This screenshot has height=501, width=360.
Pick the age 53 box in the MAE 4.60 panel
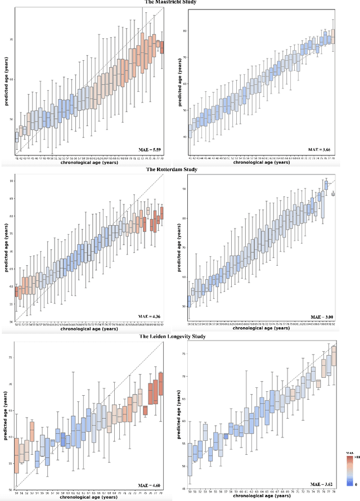point(31,431)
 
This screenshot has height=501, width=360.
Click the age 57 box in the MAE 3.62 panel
point(226,436)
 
